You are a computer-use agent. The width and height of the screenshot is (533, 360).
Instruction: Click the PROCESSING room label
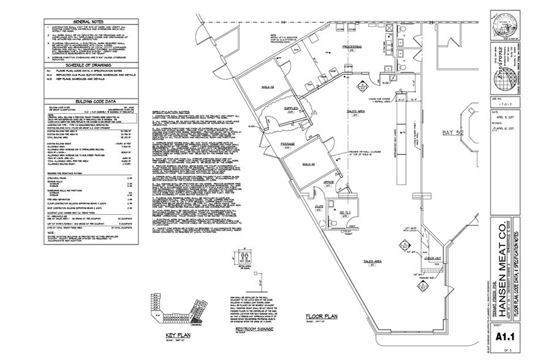[x=353, y=47]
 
